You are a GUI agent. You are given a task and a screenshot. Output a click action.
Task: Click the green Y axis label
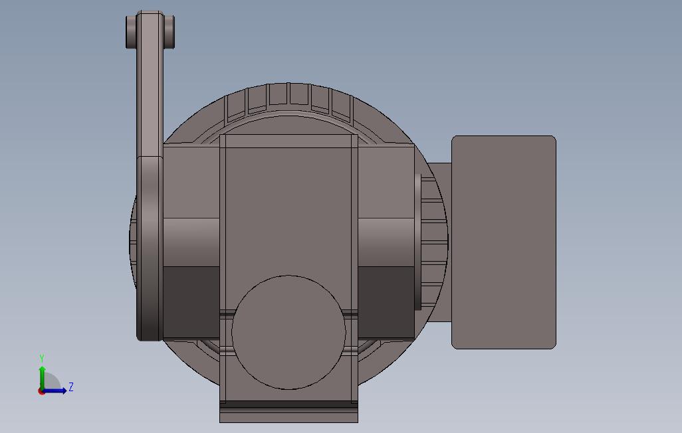tap(42, 359)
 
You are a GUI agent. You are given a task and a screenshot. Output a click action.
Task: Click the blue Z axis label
tap(71, 387)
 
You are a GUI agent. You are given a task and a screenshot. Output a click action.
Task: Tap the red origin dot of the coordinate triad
tap(42, 391)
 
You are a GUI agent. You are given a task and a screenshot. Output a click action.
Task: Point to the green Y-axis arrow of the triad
tap(42, 375)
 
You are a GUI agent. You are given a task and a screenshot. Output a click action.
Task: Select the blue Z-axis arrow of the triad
tap(57, 390)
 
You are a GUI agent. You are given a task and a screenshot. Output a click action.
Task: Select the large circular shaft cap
tap(288, 332)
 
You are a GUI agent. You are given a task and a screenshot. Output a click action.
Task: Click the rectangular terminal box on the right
tap(503, 242)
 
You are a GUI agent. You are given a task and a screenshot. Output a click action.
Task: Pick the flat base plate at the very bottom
tap(288, 416)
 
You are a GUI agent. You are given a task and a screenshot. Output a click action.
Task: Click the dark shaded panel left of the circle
tap(191, 302)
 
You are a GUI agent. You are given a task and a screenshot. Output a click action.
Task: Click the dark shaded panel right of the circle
tap(386, 302)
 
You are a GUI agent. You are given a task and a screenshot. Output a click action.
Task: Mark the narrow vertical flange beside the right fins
tap(418, 242)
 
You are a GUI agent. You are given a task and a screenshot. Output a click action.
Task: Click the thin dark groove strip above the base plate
tap(288, 404)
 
